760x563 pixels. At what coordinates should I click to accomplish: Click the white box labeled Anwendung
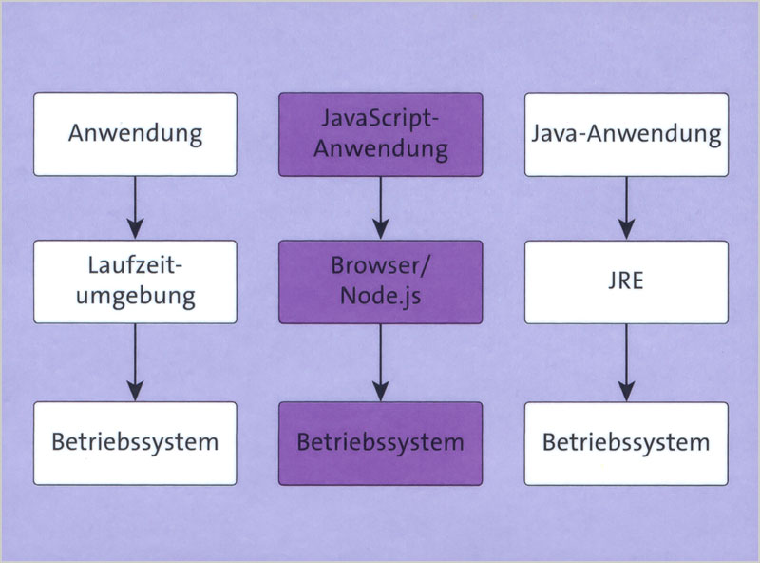click(135, 134)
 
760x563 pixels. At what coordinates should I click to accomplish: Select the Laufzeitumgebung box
click(135, 282)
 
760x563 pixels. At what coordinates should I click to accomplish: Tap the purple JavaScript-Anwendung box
click(381, 134)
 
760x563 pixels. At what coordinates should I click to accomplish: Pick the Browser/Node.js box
click(381, 282)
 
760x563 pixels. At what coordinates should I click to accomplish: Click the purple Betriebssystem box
click(381, 443)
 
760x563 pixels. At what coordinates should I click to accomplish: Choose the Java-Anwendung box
click(626, 134)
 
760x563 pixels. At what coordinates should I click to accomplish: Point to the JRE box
click(626, 282)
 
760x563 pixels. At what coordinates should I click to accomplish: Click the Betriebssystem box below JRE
click(626, 443)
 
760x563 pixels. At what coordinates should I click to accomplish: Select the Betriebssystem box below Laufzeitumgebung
click(135, 443)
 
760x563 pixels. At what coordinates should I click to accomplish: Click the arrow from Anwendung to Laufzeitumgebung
click(135, 207)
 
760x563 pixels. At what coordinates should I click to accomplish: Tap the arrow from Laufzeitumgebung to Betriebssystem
click(135, 362)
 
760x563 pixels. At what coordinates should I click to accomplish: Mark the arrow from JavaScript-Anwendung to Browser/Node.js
click(381, 207)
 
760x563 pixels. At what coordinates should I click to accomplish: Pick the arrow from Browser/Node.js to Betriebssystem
click(381, 362)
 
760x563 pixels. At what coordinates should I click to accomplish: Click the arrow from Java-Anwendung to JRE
click(626, 207)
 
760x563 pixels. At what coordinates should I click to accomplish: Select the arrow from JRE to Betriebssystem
click(626, 362)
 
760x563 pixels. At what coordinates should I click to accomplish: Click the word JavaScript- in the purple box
click(379, 119)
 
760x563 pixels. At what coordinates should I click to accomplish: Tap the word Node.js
click(381, 296)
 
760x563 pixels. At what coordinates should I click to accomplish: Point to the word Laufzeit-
click(135, 265)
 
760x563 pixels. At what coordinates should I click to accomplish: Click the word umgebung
click(136, 297)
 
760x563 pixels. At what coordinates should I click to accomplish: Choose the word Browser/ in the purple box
click(380, 266)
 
